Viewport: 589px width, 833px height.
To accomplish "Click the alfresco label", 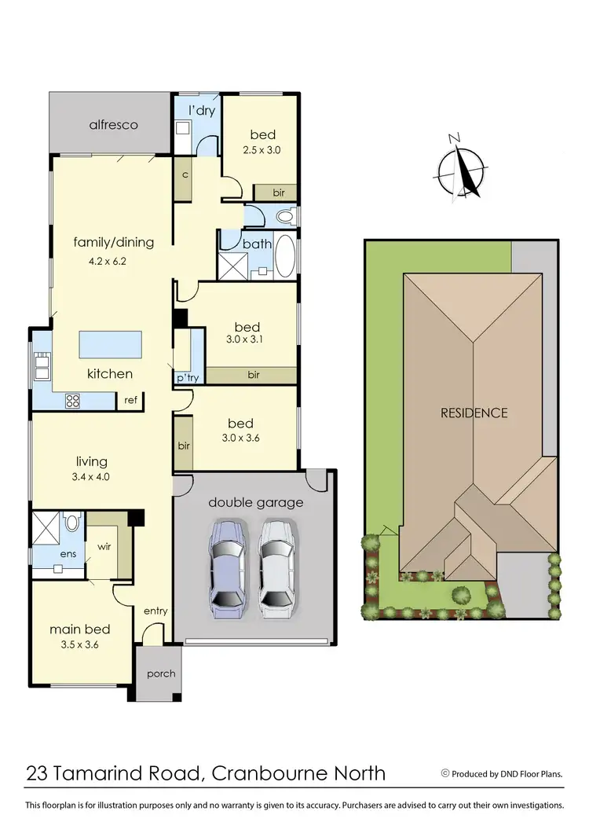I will coord(113,124).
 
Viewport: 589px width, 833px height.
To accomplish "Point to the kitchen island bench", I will coord(110,344).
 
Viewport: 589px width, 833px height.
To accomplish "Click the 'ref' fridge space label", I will coord(130,400).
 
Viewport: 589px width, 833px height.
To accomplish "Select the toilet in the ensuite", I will coord(72,523).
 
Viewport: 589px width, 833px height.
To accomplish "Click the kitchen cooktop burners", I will coord(72,400).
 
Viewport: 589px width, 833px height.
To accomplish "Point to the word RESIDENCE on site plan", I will coord(474,412).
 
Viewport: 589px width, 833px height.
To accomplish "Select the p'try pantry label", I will coord(186,377).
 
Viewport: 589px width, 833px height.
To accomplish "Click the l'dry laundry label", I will coord(201,111).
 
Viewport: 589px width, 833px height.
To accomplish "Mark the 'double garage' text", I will coord(255,502).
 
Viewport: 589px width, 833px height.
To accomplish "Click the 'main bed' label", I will coord(79,629).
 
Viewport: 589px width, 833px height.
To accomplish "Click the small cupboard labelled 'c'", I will coord(185,174).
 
